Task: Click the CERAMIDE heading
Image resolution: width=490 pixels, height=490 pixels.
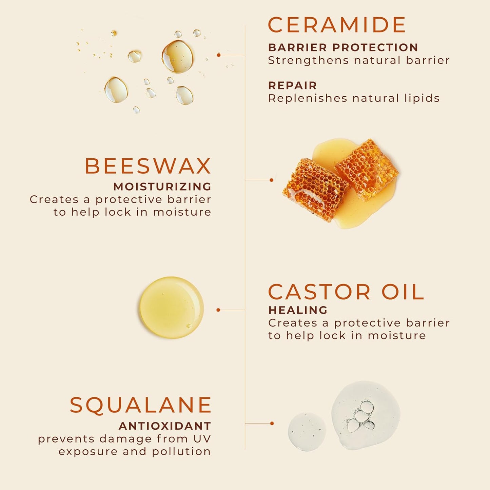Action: coord(337,25)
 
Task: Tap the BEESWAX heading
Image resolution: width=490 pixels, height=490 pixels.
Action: coord(148,166)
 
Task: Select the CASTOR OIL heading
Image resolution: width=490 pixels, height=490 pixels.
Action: coord(346,292)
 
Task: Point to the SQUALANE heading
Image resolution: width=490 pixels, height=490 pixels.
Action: coord(141,405)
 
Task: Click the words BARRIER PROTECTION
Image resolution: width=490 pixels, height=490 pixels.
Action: coord(343,47)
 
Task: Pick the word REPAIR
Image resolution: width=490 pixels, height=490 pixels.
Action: coord(292,85)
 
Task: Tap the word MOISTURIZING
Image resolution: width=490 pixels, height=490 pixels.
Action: coord(162,187)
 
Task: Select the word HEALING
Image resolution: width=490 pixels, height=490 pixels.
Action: coord(298,310)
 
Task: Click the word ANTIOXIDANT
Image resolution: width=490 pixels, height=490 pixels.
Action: coord(165,426)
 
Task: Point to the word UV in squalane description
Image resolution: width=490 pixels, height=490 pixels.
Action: coord(202,439)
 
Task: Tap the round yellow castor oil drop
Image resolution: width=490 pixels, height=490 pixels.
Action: coord(172,308)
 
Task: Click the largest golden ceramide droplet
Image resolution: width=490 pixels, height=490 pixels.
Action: coord(177,56)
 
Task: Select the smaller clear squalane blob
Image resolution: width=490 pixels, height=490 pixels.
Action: coord(307,431)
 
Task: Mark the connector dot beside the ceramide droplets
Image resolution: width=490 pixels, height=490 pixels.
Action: coord(219,55)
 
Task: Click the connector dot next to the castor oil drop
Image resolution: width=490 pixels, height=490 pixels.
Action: coord(218,310)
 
